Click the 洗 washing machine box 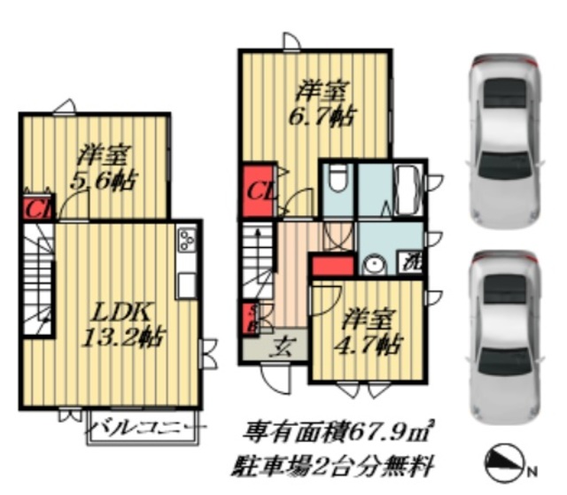(411, 262)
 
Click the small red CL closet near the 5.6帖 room (35, 210)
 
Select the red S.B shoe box (251, 316)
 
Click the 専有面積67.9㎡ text (339, 431)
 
